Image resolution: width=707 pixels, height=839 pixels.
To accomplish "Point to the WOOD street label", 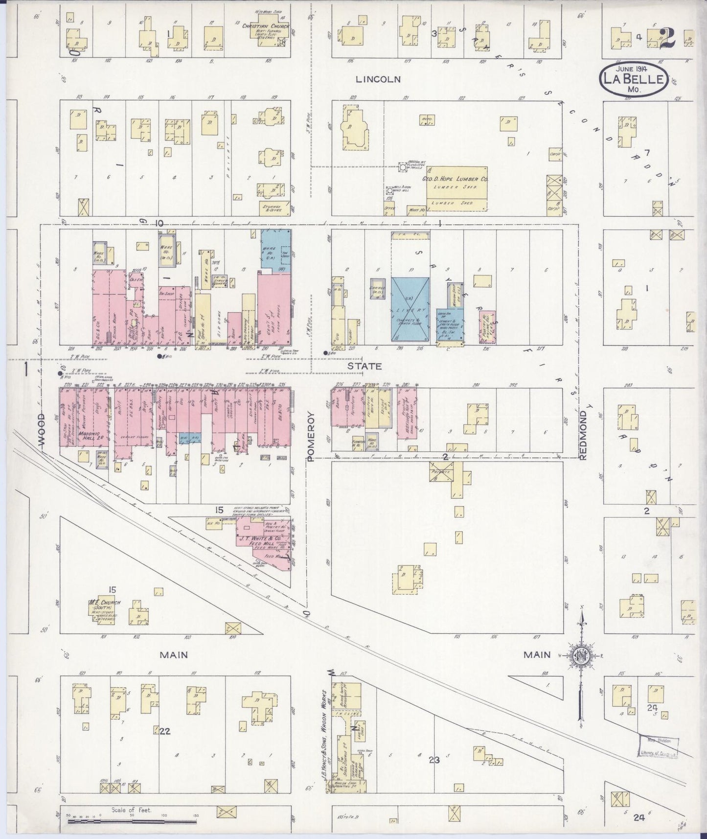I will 41,429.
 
